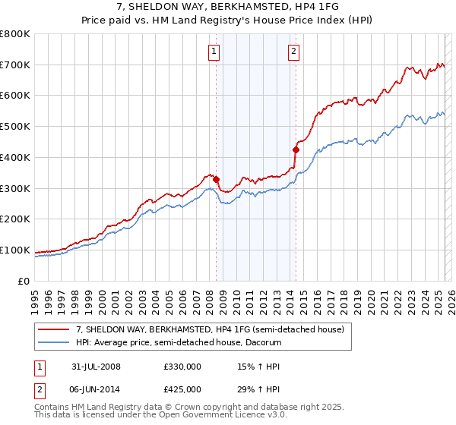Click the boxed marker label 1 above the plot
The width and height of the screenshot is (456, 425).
213,52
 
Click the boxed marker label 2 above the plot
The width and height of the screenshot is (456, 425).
293,52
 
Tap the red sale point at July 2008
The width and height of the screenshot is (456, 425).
217,179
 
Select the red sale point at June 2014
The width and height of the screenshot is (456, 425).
296,150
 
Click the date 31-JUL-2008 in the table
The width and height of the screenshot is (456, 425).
96,367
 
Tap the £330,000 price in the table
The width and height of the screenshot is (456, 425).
182,367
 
